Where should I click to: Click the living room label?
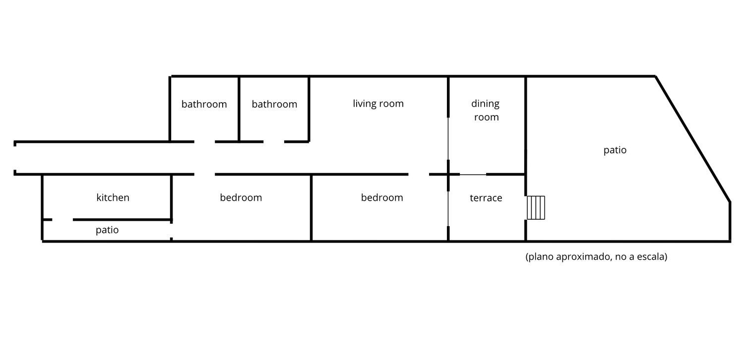[x=378, y=104]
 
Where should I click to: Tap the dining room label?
[x=486, y=110]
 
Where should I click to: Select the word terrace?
[x=486, y=198]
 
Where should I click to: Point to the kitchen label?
[x=113, y=197]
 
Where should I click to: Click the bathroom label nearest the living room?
[x=274, y=104]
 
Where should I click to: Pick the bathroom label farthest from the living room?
[x=204, y=104]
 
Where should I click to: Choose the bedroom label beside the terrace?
[x=382, y=197]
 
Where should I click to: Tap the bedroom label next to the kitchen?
[x=241, y=197]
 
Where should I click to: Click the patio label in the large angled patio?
[x=615, y=150]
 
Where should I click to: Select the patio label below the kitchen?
[x=107, y=230]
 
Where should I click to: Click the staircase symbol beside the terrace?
[x=536, y=208]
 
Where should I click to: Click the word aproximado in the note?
[x=583, y=257]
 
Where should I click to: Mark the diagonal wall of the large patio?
[x=693, y=139]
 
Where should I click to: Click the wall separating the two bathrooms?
[x=239, y=109]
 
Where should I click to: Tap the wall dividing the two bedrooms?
[x=311, y=208]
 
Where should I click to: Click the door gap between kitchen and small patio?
[x=62, y=220]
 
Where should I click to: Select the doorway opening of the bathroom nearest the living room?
[x=274, y=142]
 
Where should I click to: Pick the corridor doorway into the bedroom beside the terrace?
[x=419, y=174]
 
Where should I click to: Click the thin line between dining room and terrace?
[x=473, y=175]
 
